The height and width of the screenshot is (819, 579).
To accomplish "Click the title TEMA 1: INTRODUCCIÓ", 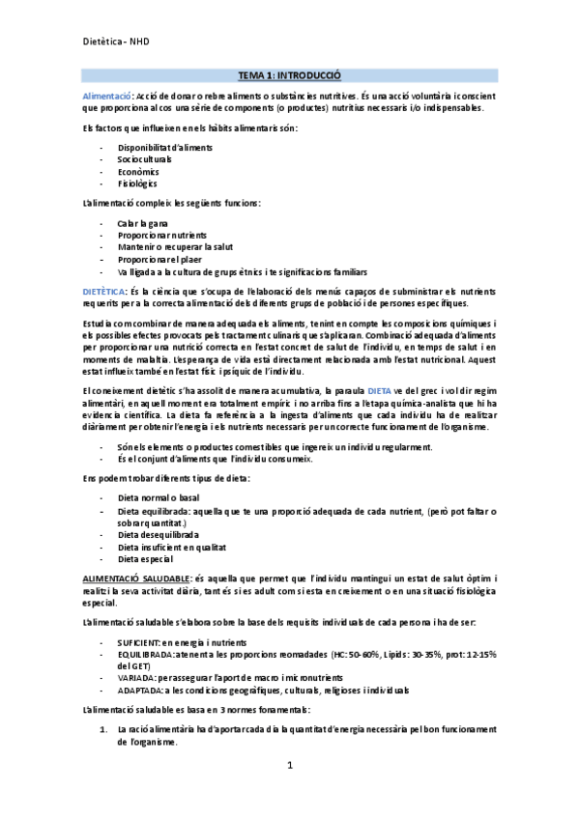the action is [289, 75].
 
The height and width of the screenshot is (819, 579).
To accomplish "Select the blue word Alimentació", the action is [106, 97].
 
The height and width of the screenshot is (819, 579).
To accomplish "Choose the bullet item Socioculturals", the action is [145, 159].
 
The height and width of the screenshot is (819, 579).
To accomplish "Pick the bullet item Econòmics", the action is [138, 171].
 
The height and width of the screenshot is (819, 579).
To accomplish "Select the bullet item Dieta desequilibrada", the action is [158, 534].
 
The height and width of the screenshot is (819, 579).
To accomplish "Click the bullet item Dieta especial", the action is [145, 558].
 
